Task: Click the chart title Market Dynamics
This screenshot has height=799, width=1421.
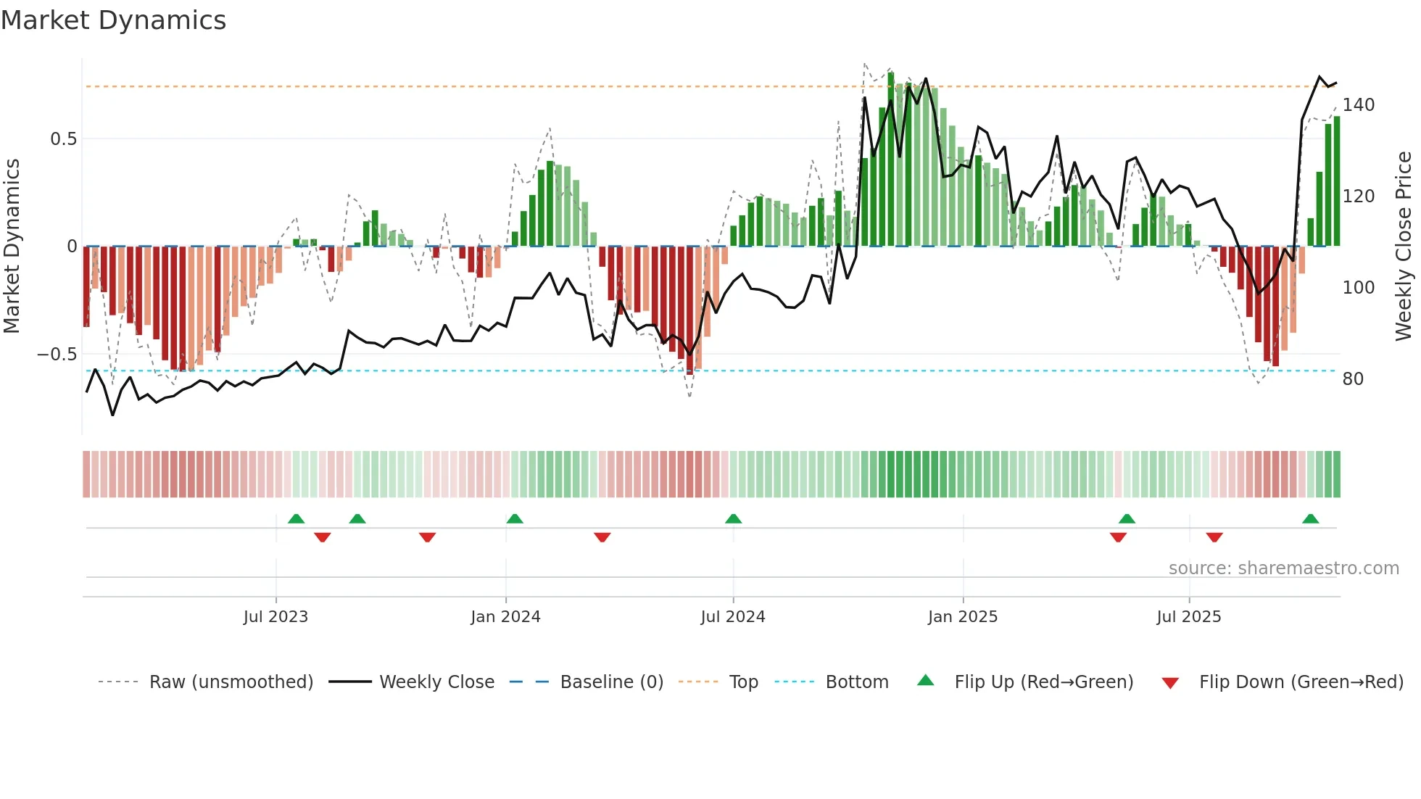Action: [x=113, y=20]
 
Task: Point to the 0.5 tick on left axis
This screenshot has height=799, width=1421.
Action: [x=63, y=138]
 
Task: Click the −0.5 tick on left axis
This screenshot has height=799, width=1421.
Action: [x=57, y=355]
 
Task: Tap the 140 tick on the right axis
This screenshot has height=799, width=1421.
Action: [x=1358, y=105]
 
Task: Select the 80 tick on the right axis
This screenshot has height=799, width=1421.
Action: [x=1353, y=379]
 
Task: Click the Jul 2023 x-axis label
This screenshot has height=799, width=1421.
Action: [x=275, y=617]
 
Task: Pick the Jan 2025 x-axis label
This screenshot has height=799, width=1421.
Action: [x=962, y=617]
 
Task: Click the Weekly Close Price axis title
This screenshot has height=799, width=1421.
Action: [x=1404, y=247]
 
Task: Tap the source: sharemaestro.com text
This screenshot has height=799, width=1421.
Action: [x=1283, y=568]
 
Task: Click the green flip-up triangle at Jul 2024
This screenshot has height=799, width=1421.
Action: [x=733, y=519]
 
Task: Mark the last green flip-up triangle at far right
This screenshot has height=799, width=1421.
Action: [x=1310, y=519]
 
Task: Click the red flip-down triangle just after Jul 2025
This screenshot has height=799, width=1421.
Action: [x=1214, y=537]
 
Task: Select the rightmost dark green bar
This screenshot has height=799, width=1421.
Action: [x=1336, y=181]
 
